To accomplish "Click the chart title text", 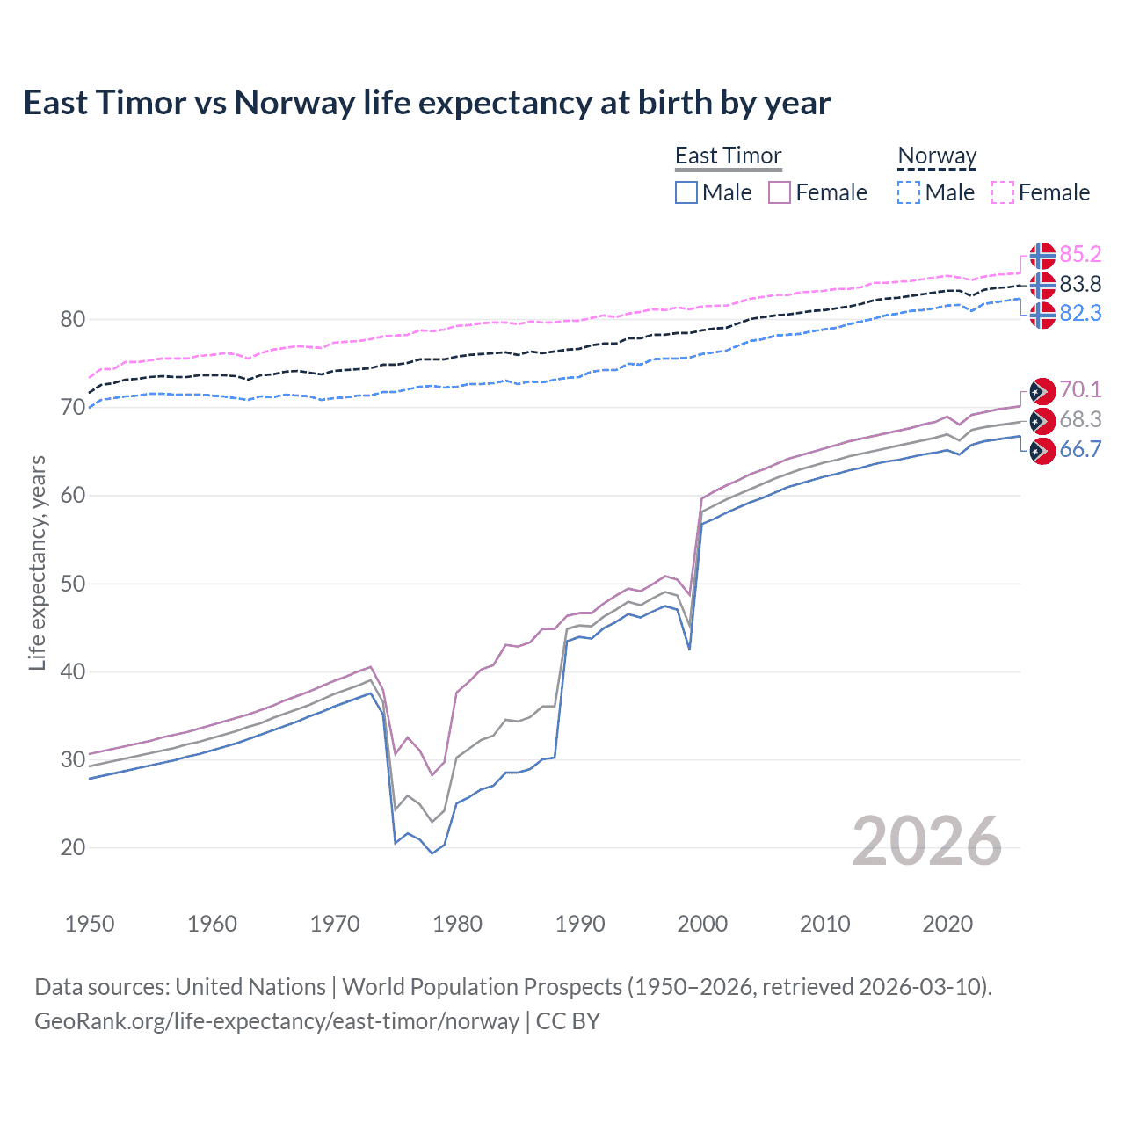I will pos(426,103).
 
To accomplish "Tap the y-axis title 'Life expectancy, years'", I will pos(37,562).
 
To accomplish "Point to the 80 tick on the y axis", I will pos(72,320).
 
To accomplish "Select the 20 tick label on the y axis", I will pos(72,848).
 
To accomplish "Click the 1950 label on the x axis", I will pos(90,924).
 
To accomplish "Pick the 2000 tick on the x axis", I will pos(702,924).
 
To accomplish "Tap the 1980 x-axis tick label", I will pos(457,924).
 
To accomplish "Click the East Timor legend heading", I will pos(728,156).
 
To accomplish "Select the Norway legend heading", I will pos(937,156).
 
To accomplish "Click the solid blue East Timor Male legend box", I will pos(686,192).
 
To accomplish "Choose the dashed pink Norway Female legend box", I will pos(1003,192).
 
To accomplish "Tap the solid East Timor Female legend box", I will pos(780,192).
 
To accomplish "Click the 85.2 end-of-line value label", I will pos(1080,255).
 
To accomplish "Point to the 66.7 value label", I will pos(1080,450).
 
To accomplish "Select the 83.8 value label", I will pos(1080,285).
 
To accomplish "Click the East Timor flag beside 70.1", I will pos(1042,391).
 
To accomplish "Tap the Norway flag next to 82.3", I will pos(1042,315).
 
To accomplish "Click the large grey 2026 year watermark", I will pos(927,842).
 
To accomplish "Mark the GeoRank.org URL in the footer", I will pos(277,1021).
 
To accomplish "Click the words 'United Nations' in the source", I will pos(250,987).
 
